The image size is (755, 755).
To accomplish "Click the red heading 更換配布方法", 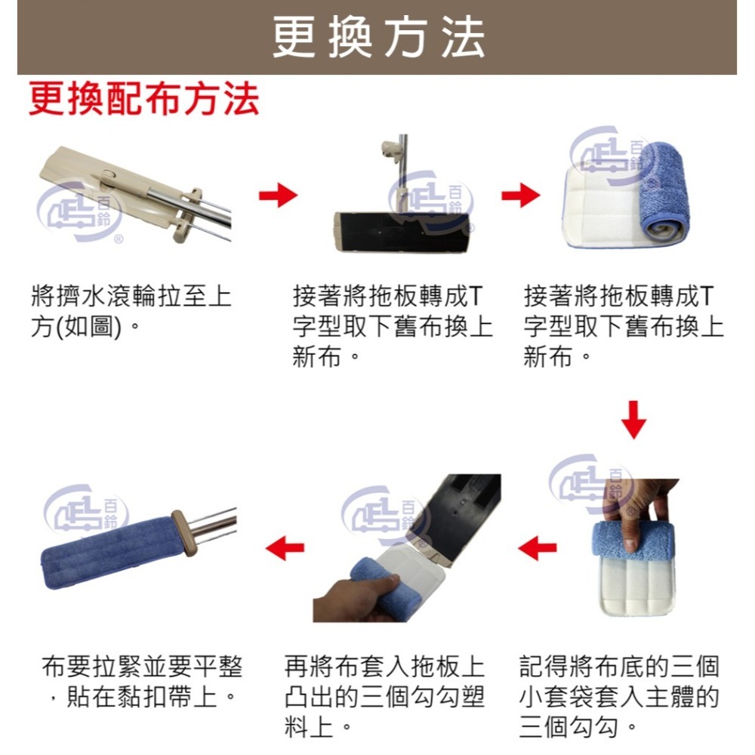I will [144, 100].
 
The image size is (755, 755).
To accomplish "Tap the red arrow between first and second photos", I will [277, 196].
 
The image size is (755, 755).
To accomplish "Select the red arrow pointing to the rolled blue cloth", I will [520, 196].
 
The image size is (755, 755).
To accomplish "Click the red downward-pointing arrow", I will [635, 421].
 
